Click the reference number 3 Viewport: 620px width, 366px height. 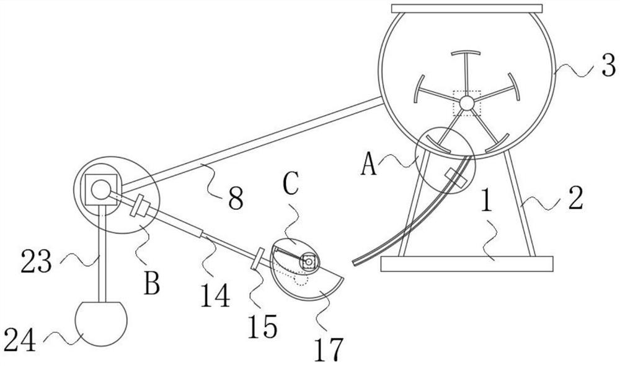pos(608,66)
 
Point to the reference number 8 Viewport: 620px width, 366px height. pos(234,198)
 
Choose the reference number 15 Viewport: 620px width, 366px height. pos(263,326)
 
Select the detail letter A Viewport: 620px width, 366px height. pos(370,166)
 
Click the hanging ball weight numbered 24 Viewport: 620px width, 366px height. pos(101,322)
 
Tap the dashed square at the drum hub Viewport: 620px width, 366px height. pos(467,102)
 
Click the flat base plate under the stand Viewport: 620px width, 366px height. pos(466,264)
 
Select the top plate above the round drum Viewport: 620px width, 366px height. pos(467,9)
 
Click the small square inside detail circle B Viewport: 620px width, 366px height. pos(99,185)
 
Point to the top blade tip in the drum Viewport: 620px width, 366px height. pos(467,53)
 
